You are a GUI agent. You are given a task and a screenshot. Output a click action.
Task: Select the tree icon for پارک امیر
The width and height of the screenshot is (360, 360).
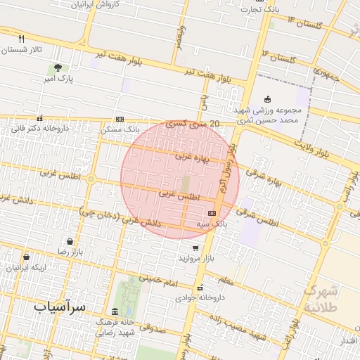tap(57, 67)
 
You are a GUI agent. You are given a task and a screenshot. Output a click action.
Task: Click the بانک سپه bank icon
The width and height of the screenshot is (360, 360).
tap(212, 212)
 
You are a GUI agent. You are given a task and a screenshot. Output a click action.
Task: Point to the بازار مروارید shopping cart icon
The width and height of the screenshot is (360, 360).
tap(195, 247)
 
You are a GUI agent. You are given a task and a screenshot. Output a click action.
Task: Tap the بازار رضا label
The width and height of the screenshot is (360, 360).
tap(71, 251)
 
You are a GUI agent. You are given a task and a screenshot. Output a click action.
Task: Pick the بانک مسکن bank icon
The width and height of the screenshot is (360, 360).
tap(120, 119)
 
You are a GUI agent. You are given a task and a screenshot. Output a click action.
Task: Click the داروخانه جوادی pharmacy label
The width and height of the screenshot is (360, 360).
tap(200, 297)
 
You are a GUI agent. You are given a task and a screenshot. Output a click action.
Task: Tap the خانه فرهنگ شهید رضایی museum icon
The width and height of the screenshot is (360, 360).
tap(115, 311)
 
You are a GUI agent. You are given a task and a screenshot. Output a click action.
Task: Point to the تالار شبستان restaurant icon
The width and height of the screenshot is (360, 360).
tap(22, 39)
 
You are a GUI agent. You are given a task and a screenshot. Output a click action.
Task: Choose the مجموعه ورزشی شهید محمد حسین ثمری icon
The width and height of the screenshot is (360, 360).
tap(266, 99)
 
